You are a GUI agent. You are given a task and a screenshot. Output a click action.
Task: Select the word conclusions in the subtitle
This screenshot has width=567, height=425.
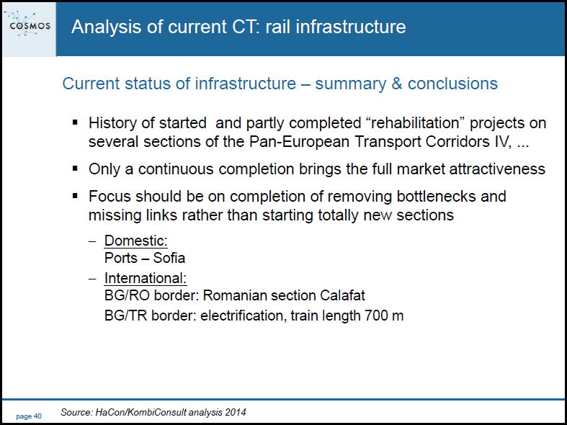click(452, 84)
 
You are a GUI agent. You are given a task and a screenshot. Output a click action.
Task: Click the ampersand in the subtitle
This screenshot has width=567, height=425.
click(397, 84)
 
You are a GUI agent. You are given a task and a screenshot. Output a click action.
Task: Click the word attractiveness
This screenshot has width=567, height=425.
click(497, 169)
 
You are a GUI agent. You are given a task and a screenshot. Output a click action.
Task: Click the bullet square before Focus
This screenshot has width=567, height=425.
click(75, 196)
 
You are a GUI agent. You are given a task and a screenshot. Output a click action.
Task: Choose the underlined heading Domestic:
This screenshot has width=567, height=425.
click(136, 241)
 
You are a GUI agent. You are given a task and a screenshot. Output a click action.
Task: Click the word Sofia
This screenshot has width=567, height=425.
click(169, 258)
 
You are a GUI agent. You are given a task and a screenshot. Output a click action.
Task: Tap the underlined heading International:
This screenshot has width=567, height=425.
click(146, 278)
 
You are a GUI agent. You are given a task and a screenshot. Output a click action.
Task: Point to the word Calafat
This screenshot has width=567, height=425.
click(342, 295)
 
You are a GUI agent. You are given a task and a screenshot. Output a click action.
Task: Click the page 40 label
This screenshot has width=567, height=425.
click(29, 416)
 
